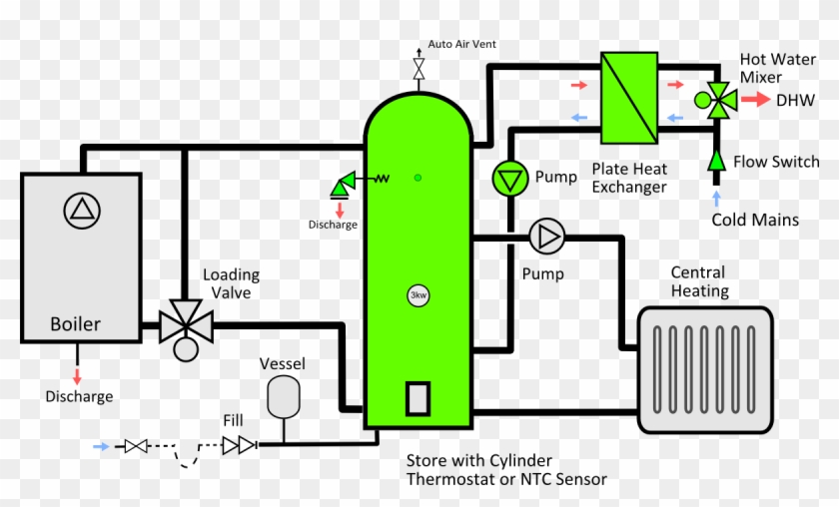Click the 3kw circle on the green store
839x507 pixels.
418,295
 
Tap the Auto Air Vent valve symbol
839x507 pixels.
419,70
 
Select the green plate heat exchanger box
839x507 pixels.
629,98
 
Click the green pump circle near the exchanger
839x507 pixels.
510,179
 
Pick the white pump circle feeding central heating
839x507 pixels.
547,237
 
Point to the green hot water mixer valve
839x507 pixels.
716,100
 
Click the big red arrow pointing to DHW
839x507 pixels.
755,100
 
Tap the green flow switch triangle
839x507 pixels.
716,161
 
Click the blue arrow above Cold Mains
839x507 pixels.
716,199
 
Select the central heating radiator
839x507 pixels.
705,369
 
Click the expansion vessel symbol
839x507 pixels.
283,397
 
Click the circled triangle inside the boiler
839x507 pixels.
82,211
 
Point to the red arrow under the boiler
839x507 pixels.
77,376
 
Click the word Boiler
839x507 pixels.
75,324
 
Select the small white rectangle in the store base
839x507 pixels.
418,398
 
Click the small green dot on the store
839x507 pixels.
418,178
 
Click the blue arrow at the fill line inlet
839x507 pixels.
101,446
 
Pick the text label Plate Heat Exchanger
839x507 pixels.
629,178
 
